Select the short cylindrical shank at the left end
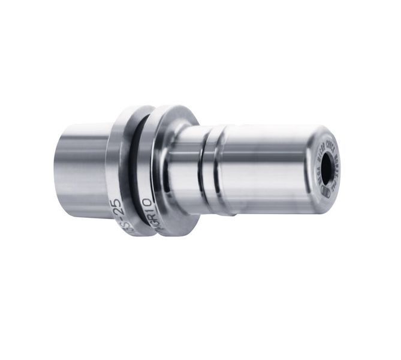click(x=84, y=171)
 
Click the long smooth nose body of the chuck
click(x=270, y=168)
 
